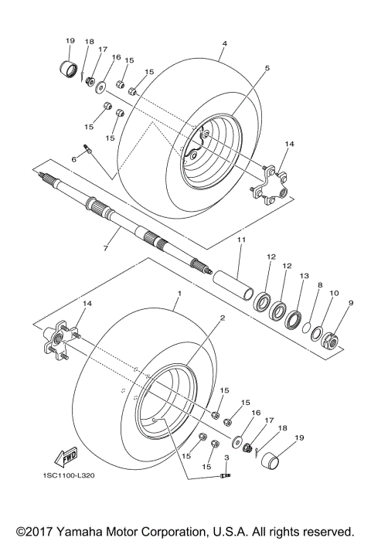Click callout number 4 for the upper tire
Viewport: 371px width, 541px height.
point(223,44)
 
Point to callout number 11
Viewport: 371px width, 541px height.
point(240,241)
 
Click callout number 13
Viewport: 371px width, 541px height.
point(304,276)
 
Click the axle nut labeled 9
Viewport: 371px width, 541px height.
point(337,337)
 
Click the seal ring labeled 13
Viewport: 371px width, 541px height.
point(294,318)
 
